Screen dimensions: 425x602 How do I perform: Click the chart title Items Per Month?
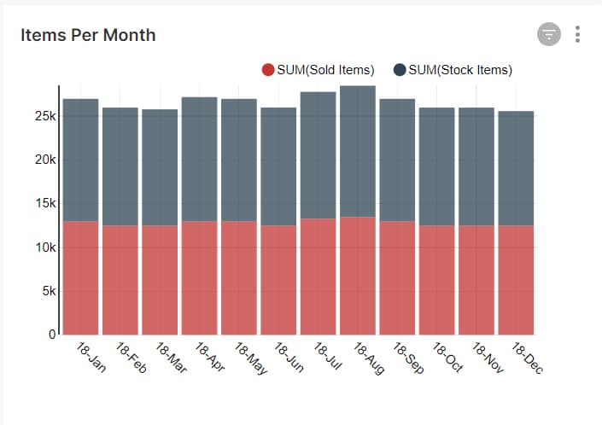tap(88, 35)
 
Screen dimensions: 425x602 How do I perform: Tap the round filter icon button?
tap(548, 34)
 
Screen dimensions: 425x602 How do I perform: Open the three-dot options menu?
tap(578, 34)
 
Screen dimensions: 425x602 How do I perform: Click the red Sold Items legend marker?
tap(268, 70)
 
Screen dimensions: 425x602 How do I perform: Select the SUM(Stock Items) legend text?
tap(460, 70)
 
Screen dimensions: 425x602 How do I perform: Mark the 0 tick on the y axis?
tap(51, 334)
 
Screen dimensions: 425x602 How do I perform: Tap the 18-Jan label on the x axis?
tap(81, 358)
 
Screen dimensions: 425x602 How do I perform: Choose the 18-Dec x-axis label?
tap(526, 358)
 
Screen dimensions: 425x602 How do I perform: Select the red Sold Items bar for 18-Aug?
tap(357, 276)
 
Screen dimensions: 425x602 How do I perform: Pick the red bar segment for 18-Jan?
tap(80, 277)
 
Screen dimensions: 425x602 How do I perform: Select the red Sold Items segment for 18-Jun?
tap(278, 280)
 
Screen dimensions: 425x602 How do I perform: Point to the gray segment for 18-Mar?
tap(160, 167)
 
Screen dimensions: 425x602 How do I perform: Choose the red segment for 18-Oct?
tap(436, 280)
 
